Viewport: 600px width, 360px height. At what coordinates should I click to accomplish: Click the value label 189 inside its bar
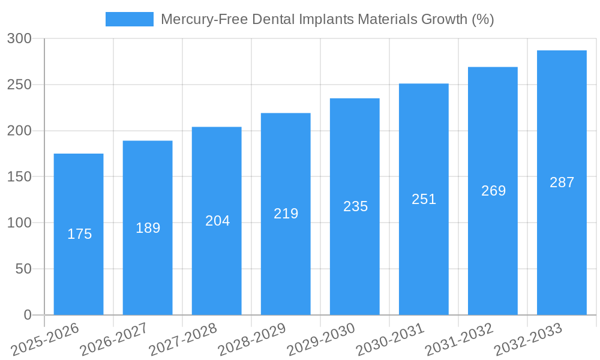(148, 228)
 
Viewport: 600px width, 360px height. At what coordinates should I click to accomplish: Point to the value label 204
(217, 221)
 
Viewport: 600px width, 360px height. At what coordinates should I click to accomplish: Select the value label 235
(355, 206)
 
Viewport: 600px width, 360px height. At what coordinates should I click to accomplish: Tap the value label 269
(493, 191)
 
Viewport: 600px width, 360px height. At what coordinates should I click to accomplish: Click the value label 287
(562, 182)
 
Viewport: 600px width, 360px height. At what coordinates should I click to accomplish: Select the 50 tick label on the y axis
(23, 269)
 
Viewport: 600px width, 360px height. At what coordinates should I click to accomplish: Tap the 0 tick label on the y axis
(28, 315)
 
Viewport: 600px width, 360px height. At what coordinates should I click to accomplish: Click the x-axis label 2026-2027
(113, 340)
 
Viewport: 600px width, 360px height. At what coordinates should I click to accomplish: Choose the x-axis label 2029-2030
(320, 340)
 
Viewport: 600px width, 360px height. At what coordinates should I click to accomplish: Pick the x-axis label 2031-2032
(458, 340)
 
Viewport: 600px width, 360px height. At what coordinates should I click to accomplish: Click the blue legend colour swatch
(129, 19)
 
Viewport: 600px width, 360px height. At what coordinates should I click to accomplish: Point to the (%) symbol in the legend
(482, 19)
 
